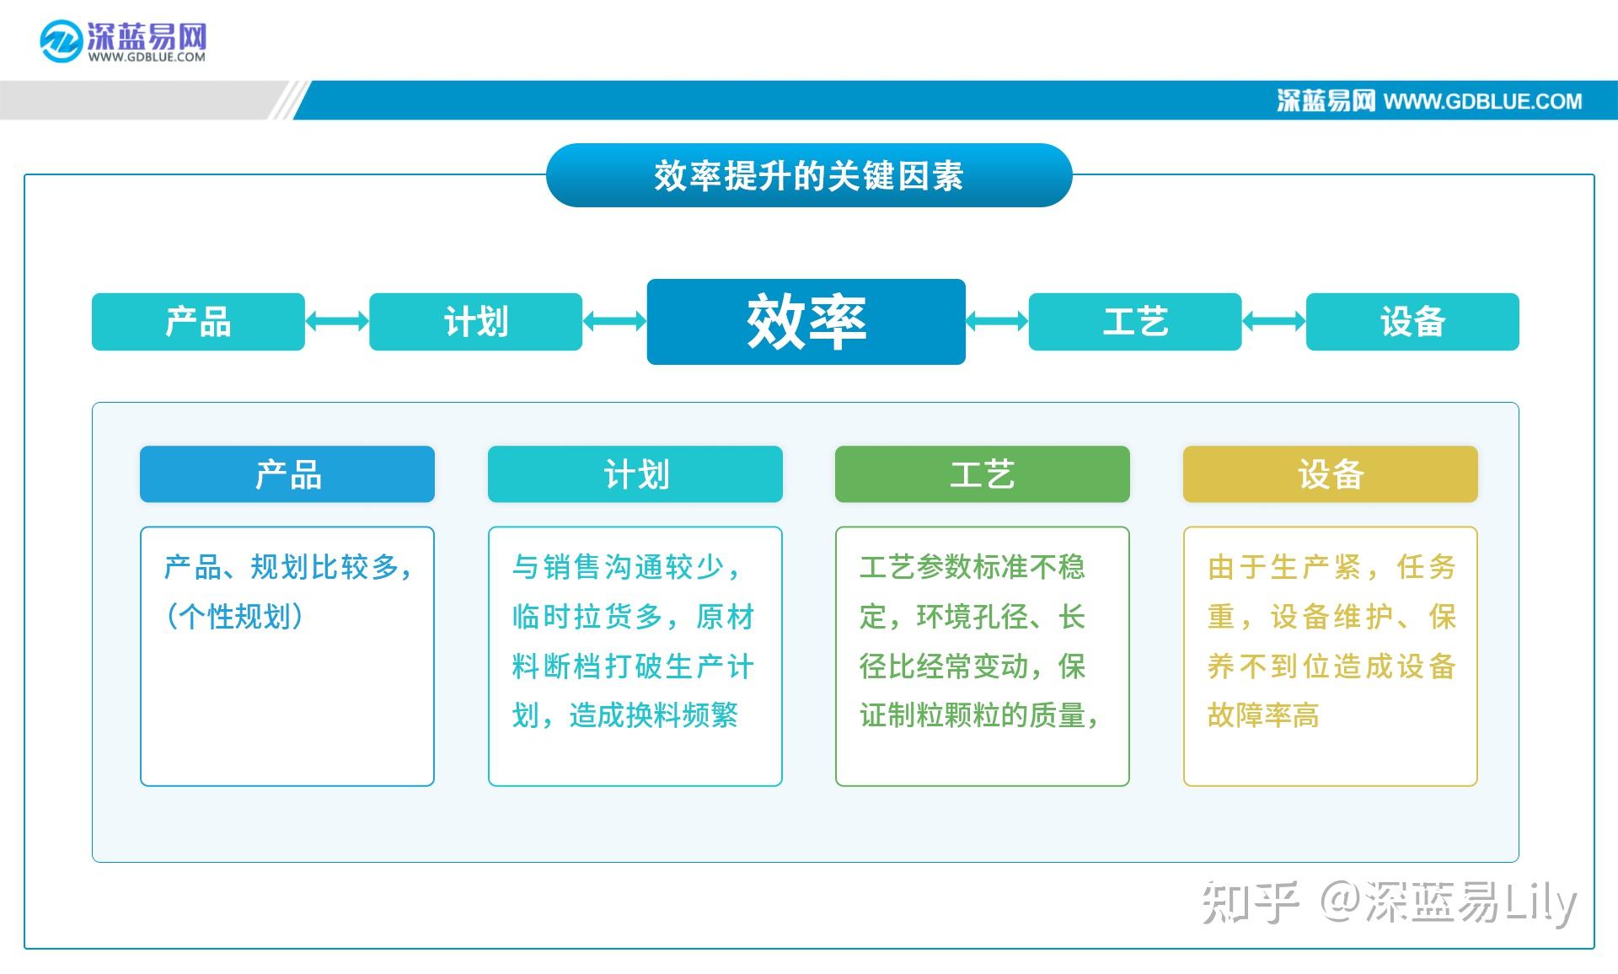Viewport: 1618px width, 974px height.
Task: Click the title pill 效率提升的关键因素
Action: click(x=808, y=175)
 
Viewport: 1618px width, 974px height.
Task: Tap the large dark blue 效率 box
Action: click(x=806, y=322)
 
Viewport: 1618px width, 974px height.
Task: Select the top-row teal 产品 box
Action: click(x=198, y=322)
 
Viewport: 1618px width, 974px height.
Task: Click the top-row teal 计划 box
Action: click(x=475, y=322)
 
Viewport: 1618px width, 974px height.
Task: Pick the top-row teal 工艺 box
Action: click(x=1134, y=322)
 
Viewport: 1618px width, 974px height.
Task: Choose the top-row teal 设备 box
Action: click(x=1412, y=322)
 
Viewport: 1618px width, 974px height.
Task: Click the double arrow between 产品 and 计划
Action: click(x=337, y=321)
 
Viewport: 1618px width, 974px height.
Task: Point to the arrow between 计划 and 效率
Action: click(x=614, y=321)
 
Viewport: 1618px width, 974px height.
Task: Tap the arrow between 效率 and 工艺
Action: click(x=997, y=321)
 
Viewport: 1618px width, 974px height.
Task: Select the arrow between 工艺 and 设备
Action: click(x=1273, y=321)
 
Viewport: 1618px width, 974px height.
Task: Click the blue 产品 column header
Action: click(x=287, y=474)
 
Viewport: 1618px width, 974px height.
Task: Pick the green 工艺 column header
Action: click(x=982, y=474)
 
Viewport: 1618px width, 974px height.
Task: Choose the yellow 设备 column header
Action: click(x=1330, y=474)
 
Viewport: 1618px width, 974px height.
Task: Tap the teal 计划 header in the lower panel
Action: click(x=635, y=474)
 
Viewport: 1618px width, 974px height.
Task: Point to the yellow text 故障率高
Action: click(x=1262, y=715)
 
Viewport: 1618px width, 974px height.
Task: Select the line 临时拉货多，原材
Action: click(x=633, y=617)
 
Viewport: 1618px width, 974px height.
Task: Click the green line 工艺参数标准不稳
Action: click(x=972, y=567)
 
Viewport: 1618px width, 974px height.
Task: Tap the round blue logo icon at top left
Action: click(x=61, y=41)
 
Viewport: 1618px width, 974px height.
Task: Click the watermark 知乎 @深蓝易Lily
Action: click(x=1388, y=902)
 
